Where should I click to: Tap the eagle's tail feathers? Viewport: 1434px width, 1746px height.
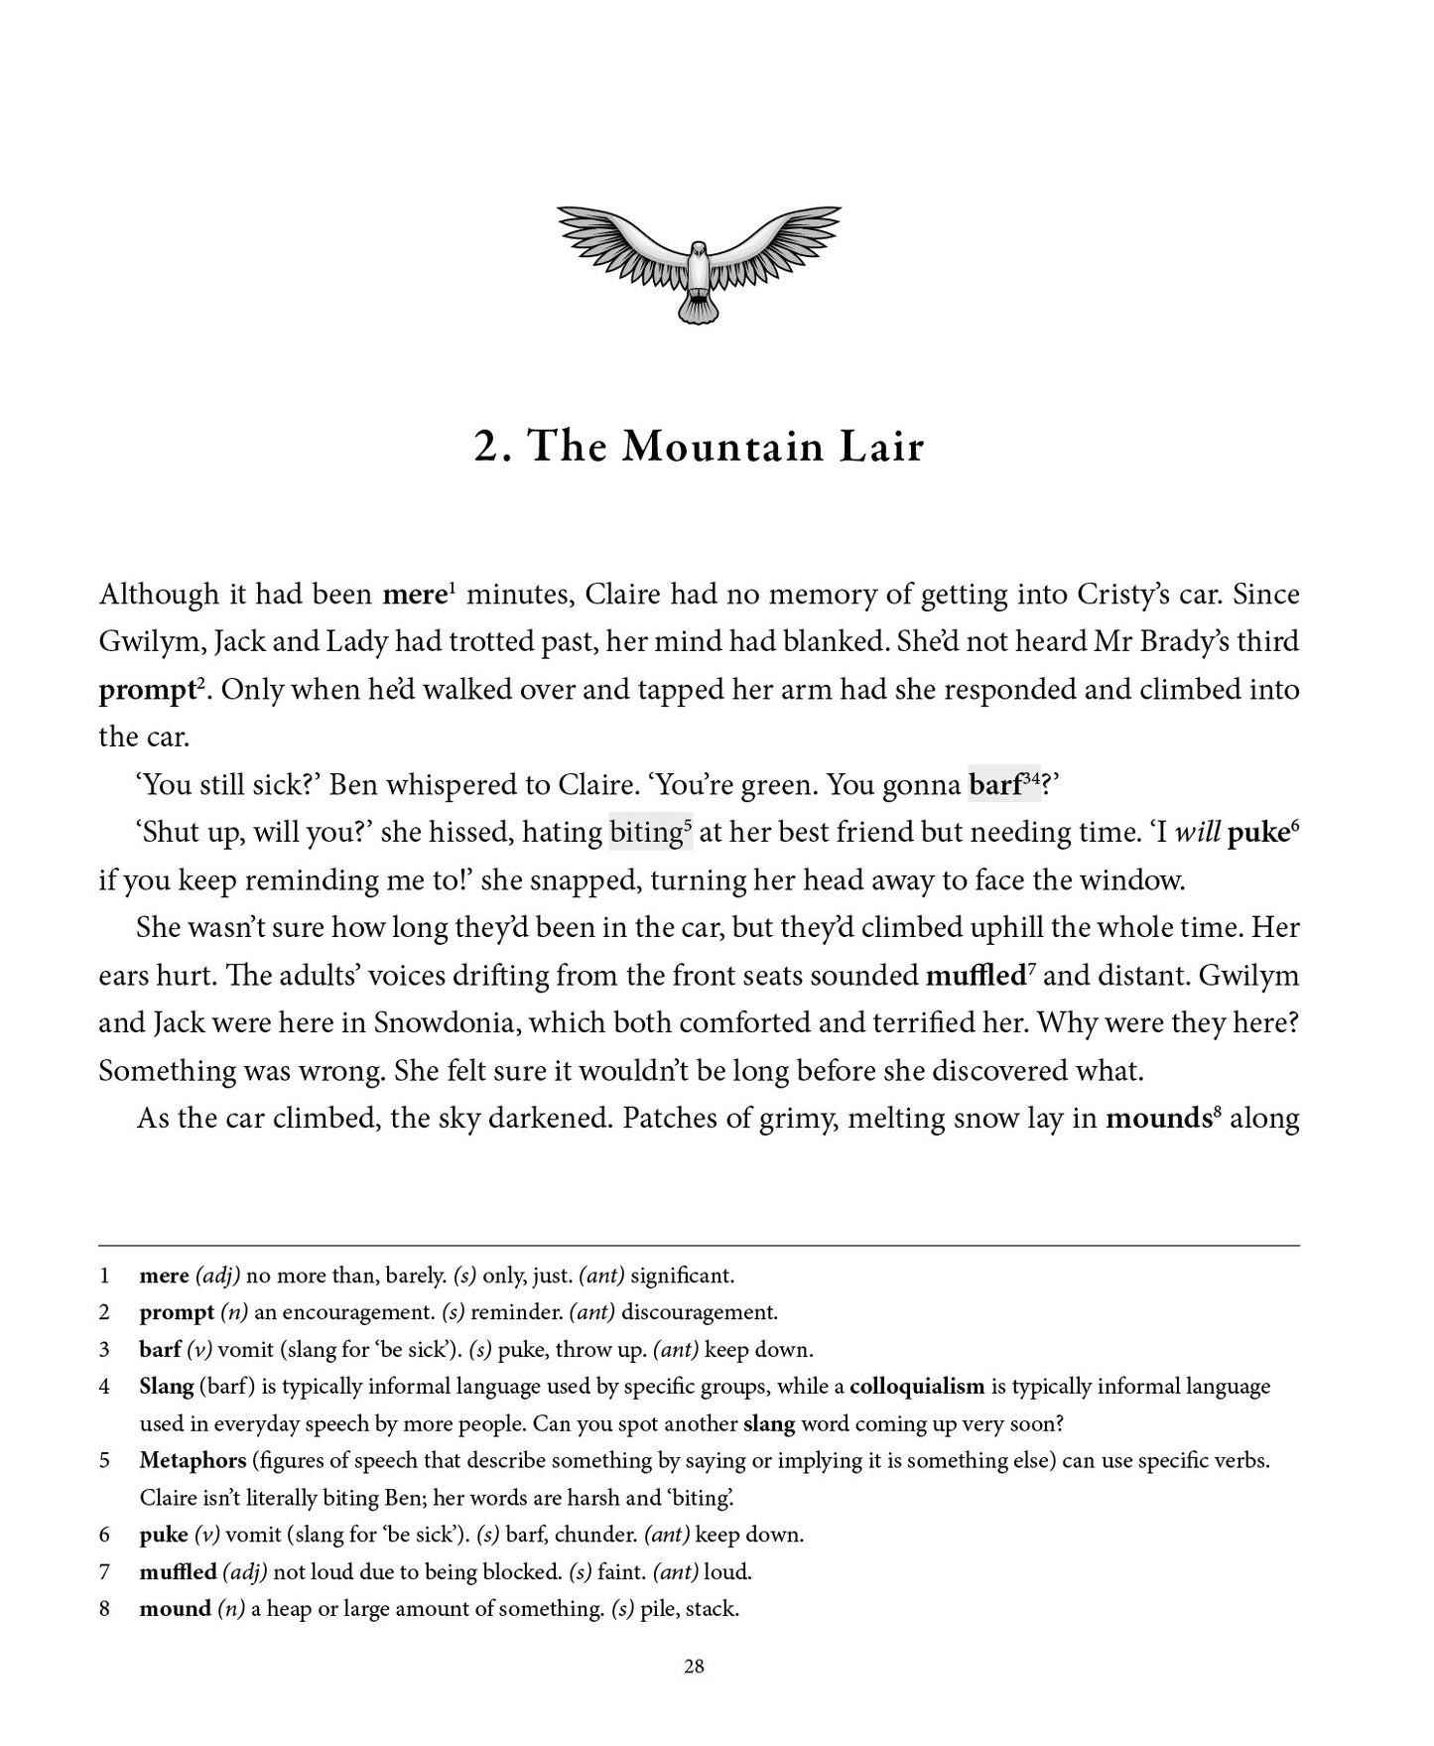699,310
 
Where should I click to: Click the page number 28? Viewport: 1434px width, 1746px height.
694,1667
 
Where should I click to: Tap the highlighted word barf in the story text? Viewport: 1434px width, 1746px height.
994,785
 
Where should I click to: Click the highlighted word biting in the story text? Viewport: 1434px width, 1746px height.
645,832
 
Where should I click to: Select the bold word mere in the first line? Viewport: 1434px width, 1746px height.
414,595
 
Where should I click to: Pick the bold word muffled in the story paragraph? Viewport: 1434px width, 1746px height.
975,976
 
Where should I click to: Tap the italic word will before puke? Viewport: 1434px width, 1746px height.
1196,832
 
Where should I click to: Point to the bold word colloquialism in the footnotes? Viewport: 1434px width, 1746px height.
916,1387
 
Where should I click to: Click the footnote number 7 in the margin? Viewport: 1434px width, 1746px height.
104,1572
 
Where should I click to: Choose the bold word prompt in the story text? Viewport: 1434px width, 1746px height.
147,690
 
